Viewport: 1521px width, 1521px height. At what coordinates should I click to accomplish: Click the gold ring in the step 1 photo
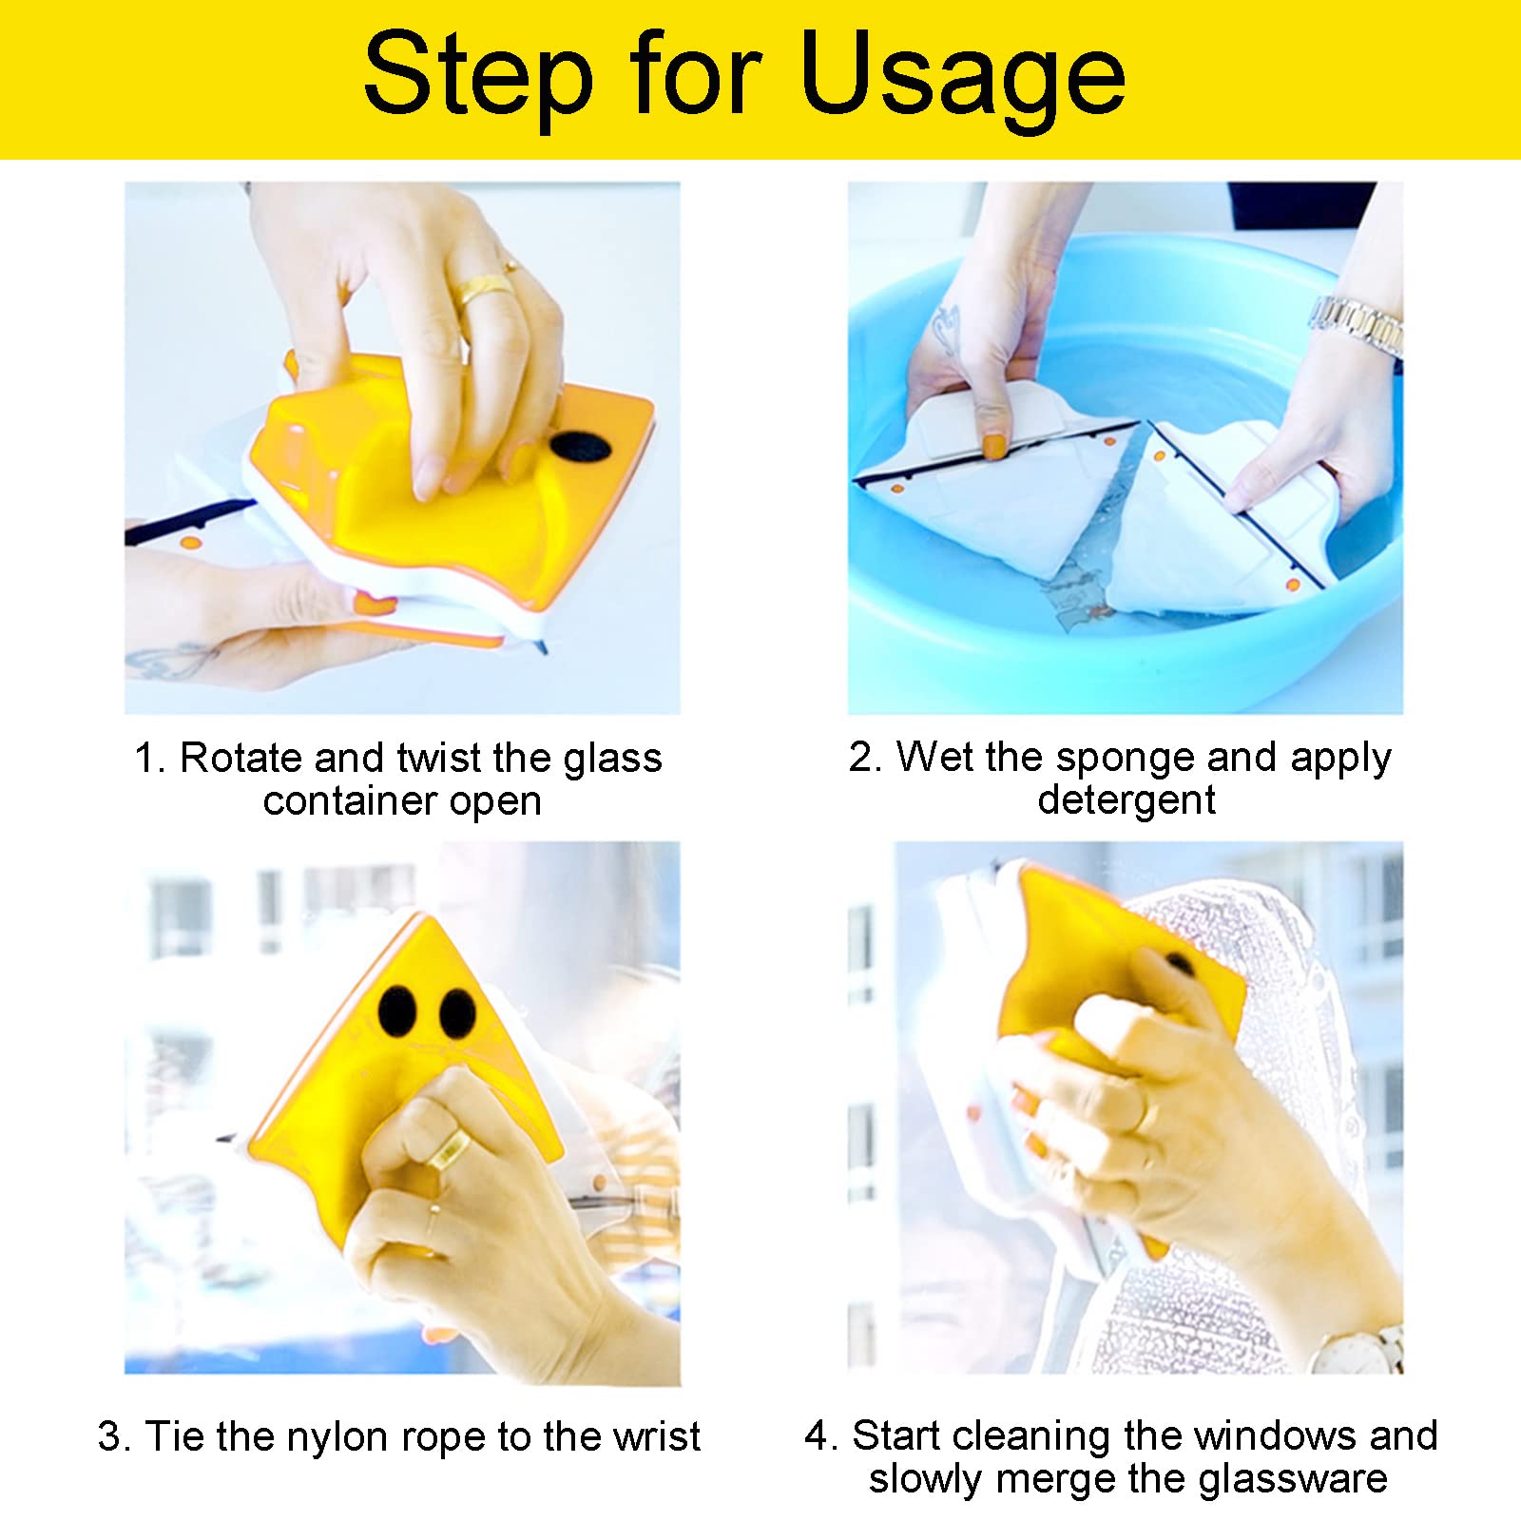pos(486,286)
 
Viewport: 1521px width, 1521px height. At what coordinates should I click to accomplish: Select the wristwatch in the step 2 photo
pos(1358,324)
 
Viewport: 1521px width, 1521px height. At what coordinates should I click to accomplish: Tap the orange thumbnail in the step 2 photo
pos(994,446)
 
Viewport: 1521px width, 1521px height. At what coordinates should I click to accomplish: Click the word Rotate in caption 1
pos(241,759)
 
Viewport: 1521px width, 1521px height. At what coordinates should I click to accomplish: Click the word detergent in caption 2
pos(1126,800)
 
